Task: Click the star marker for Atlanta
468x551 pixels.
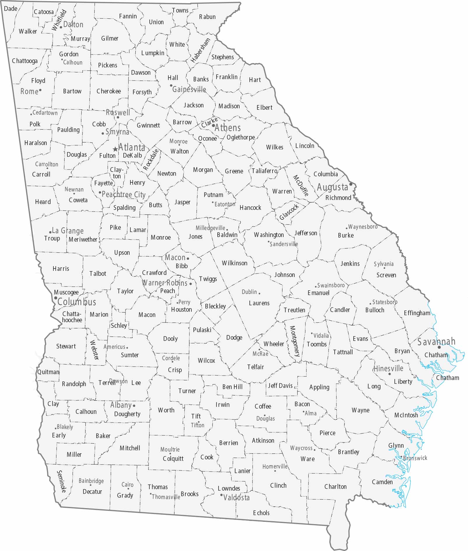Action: [x=115, y=149]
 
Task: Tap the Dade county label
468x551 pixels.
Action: [x=11, y=8]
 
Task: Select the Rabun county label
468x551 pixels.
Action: [x=207, y=17]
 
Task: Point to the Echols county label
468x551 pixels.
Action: [x=261, y=513]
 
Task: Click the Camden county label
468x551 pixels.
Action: [x=382, y=482]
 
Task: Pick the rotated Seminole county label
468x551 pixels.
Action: [x=62, y=481]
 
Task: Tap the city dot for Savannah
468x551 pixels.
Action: [x=439, y=347]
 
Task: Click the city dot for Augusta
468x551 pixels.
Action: [x=350, y=184]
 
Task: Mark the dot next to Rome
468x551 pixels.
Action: [x=40, y=90]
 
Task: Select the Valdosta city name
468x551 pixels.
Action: [x=236, y=497]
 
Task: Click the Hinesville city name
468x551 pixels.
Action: [x=388, y=368]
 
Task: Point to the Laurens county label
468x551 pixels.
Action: [x=259, y=303]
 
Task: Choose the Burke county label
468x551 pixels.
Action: [x=346, y=235]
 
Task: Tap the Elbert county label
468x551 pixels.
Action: [x=264, y=107]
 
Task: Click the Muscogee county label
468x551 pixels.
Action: [x=66, y=292]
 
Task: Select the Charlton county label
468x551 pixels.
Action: [x=336, y=487]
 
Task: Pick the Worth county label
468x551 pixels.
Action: [x=166, y=410]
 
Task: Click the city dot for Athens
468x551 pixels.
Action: [x=214, y=126]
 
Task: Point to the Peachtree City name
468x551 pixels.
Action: [x=123, y=194]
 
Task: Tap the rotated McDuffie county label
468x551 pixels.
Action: [x=301, y=185]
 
